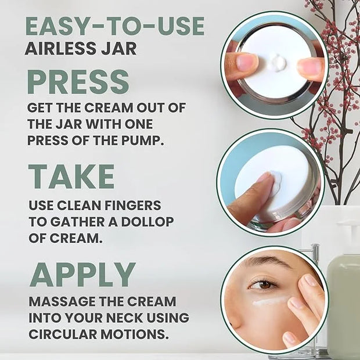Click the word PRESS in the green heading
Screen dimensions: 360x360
pos(78,82)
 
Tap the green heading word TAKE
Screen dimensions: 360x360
pos(71,177)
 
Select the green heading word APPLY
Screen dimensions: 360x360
pos(82,275)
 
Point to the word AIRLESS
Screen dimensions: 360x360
pos(60,48)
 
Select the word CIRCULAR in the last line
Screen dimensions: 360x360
pos(63,334)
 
